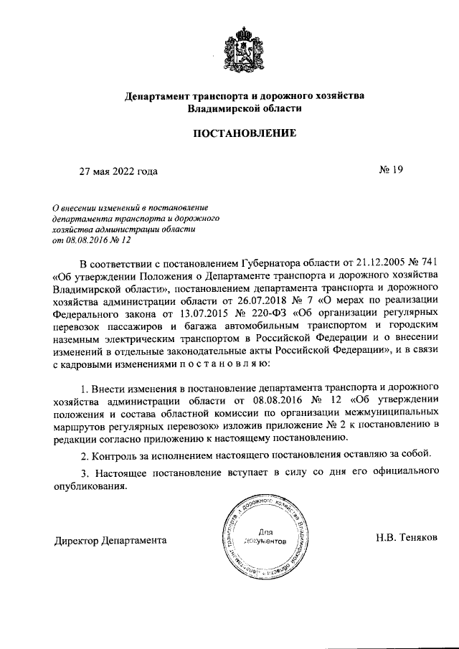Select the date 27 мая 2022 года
click(118, 171)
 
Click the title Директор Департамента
click(110, 539)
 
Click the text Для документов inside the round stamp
click(266, 538)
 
